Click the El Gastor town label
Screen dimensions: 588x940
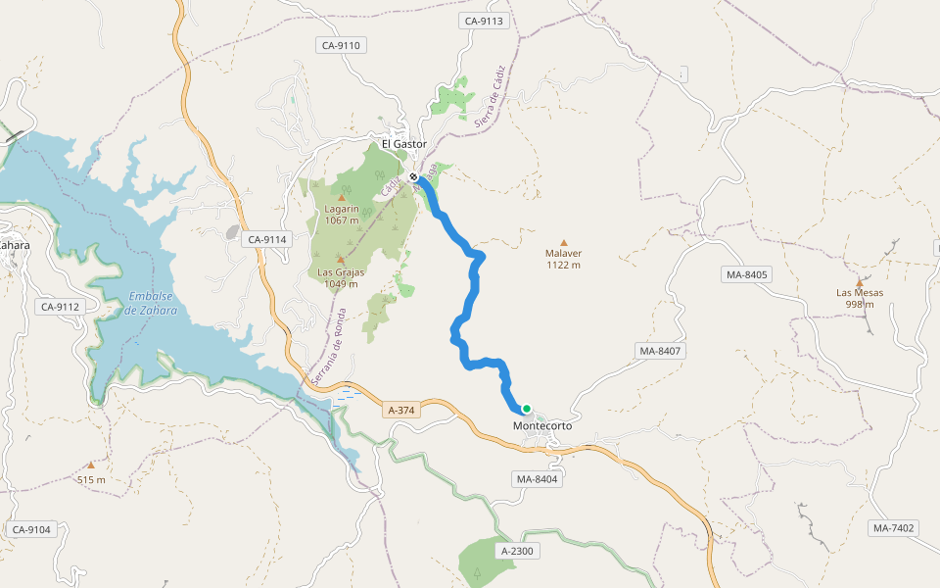click(404, 144)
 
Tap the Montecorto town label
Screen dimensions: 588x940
click(541, 426)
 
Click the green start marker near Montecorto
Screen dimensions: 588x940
click(526, 409)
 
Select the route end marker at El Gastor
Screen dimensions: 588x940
click(415, 177)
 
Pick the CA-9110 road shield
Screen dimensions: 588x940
click(341, 45)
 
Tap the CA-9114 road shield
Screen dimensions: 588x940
click(267, 239)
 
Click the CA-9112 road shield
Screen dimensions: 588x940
click(60, 307)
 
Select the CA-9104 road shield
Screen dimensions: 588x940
click(31, 529)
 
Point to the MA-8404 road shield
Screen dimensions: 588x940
click(536, 479)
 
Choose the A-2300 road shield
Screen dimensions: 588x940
click(517, 552)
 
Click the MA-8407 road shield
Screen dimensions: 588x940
click(660, 351)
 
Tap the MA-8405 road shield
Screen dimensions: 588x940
click(747, 274)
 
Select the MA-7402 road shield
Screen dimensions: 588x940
click(893, 528)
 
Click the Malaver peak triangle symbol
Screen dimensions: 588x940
click(563, 243)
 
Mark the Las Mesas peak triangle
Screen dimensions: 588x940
click(860, 282)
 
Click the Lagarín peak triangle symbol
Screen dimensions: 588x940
click(342, 198)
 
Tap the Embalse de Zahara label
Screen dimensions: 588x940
click(152, 303)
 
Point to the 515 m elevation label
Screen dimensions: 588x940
click(91, 479)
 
